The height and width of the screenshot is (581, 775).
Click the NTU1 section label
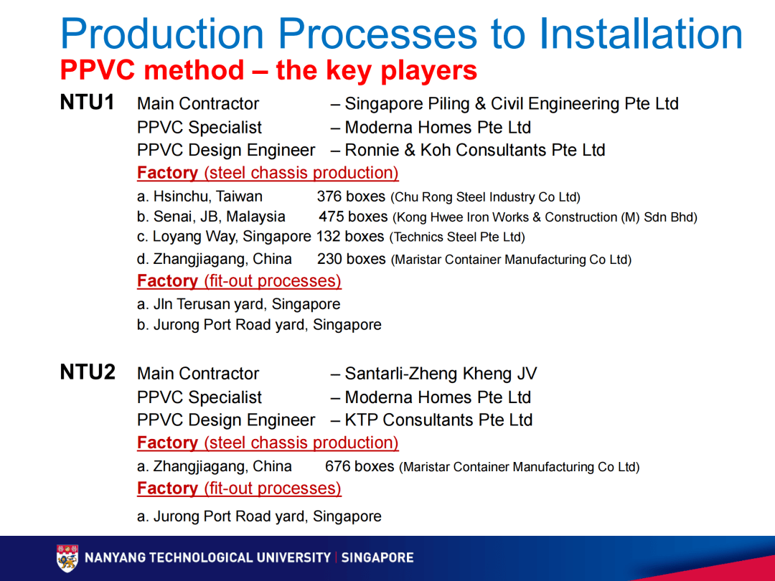click(87, 103)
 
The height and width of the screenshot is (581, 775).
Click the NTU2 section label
click(87, 372)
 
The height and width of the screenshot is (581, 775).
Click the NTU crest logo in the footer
click(67, 558)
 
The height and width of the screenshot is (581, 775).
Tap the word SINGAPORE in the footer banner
click(377, 558)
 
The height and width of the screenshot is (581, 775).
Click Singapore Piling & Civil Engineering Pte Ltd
click(511, 104)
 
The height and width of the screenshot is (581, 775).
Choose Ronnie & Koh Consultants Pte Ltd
click(474, 151)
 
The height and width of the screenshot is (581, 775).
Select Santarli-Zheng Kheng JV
click(441, 374)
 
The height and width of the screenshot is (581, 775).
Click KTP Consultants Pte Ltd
click(438, 420)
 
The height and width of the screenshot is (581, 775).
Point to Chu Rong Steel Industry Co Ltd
click(485, 197)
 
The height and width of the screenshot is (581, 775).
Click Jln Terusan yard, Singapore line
click(238, 304)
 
